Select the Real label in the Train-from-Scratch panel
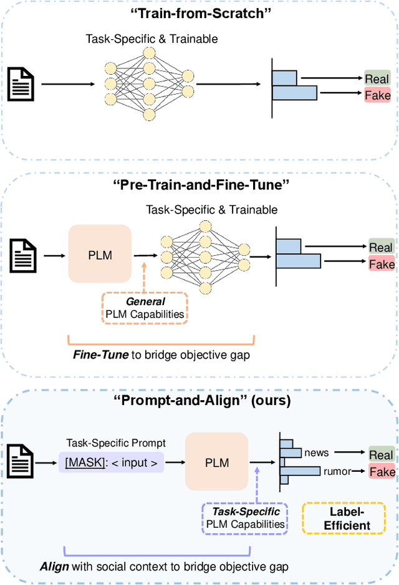(x=378, y=78)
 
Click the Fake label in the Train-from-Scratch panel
(x=378, y=95)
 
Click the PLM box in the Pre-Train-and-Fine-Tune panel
(x=100, y=254)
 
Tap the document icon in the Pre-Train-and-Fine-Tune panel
(x=23, y=255)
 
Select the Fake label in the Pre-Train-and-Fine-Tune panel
(x=382, y=264)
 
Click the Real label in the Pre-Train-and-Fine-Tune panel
(x=381, y=247)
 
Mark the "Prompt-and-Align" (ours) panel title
(x=199, y=400)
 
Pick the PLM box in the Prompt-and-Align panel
(x=216, y=462)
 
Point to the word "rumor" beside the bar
(x=337, y=471)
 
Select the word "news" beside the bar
(x=317, y=452)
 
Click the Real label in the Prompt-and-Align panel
(x=381, y=454)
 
